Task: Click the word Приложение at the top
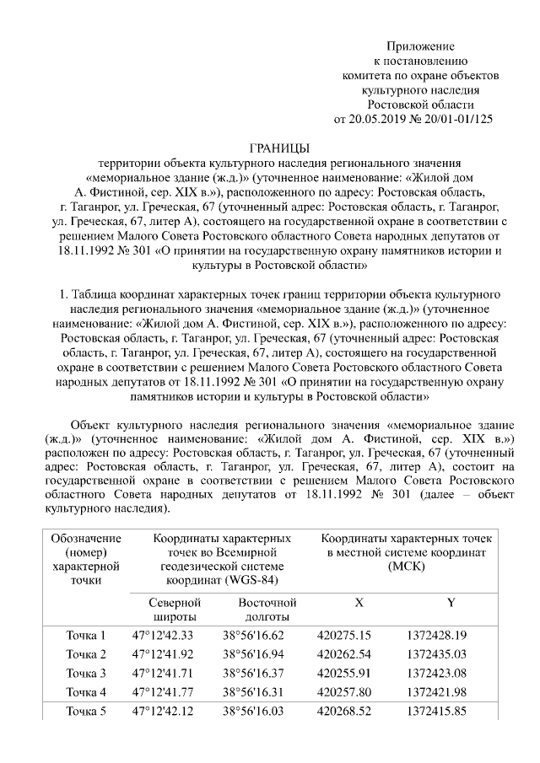coord(420,46)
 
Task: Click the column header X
coord(359,603)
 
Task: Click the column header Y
coord(451,603)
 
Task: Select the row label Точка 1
coord(86,635)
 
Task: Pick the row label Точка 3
coord(86,673)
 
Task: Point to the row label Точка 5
coord(86,712)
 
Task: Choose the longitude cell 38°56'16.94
coord(254,654)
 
